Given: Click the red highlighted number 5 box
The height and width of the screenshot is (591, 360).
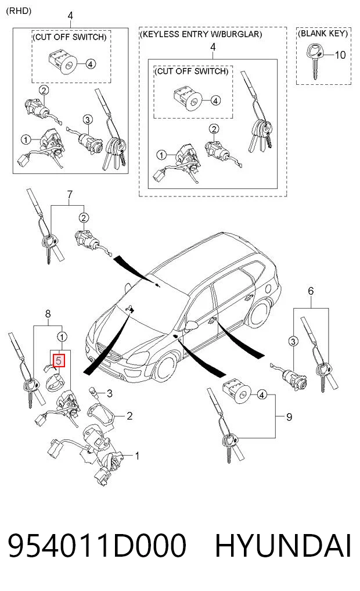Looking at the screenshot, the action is coord(59,360).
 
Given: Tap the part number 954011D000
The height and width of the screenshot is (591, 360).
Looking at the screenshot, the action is coord(97,546).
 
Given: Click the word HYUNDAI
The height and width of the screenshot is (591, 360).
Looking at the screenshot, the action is coord(283,546).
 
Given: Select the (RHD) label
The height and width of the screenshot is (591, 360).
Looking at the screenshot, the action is coord(19,10).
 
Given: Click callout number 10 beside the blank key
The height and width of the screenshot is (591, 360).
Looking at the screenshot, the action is coord(340,55).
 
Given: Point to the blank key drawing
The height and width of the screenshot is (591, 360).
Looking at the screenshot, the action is coord(314,61).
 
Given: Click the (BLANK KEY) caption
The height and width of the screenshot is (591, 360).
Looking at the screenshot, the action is coord(323,34).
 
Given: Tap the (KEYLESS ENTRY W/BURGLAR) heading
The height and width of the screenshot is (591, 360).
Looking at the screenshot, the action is coord(201,34).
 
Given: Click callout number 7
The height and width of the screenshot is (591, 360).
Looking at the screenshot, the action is coord(70,195).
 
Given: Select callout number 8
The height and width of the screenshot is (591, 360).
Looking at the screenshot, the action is coord(48,314).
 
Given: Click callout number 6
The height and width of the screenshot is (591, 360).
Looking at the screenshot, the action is coord(311,291).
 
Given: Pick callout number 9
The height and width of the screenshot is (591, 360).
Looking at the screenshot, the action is coord(289,417).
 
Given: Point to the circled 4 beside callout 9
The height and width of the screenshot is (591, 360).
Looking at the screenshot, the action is coord(261,395).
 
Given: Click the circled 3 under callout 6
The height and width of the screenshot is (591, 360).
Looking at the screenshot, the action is coord(293,342).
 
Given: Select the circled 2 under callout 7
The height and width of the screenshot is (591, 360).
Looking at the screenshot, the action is coord(84,218).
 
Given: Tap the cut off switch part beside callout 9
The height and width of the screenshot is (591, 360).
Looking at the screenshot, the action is coord(236,392).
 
